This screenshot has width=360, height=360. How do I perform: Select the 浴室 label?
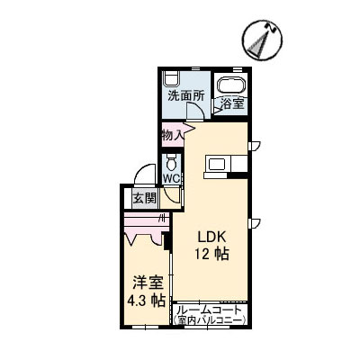click(231, 103)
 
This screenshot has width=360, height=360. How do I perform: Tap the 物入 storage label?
click(173, 135)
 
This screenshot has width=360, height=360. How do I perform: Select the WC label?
click(171, 178)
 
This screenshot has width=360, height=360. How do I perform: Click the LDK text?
click(212, 237)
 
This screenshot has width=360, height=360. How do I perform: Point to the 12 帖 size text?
click(212, 255)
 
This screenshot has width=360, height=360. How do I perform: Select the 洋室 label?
click(143, 281)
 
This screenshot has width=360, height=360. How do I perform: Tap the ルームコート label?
click(209, 309)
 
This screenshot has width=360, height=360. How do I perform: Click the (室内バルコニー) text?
click(209, 320)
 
